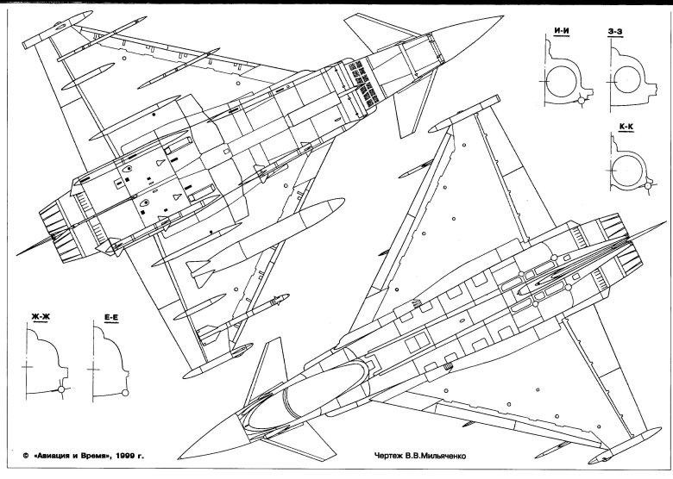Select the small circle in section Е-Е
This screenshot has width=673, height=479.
tap(126, 394)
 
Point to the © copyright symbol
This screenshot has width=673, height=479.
tap(26, 454)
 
